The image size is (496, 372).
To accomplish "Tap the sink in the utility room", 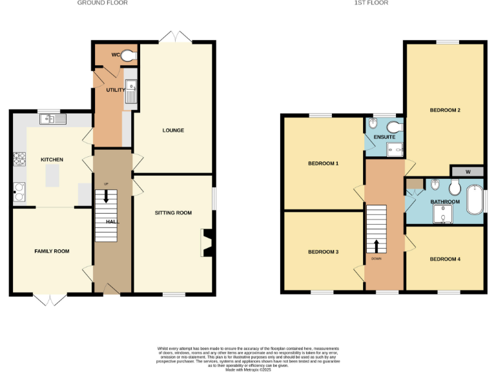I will pyautogui.click(x=130, y=92).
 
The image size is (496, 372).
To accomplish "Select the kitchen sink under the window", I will pyautogui.click(x=52, y=119).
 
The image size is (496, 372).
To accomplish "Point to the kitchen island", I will pyautogui.click(x=51, y=174).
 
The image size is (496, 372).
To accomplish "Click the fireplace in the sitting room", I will pyautogui.click(x=207, y=242).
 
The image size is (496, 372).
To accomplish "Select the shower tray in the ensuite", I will pyautogui.click(x=395, y=150).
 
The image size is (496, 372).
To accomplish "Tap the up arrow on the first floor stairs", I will pyautogui.click(x=377, y=246).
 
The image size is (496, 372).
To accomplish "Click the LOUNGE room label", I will pyautogui.click(x=173, y=130).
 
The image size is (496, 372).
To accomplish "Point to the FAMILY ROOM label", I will pyautogui.click(x=52, y=251).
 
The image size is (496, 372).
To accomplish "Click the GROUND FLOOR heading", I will pyautogui.click(x=102, y=3).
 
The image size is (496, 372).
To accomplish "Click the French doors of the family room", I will pyautogui.click(x=50, y=299).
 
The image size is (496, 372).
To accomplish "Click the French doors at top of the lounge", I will pyautogui.click(x=176, y=37).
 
